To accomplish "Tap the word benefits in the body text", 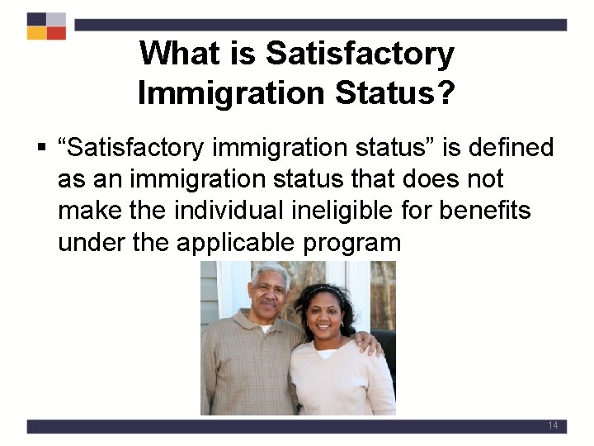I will pos(485,211).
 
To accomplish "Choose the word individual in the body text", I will pos(228,211).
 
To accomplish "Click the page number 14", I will pos(553,425).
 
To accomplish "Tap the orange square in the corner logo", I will pos(36,34).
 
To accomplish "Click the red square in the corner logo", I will pos(55,34).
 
